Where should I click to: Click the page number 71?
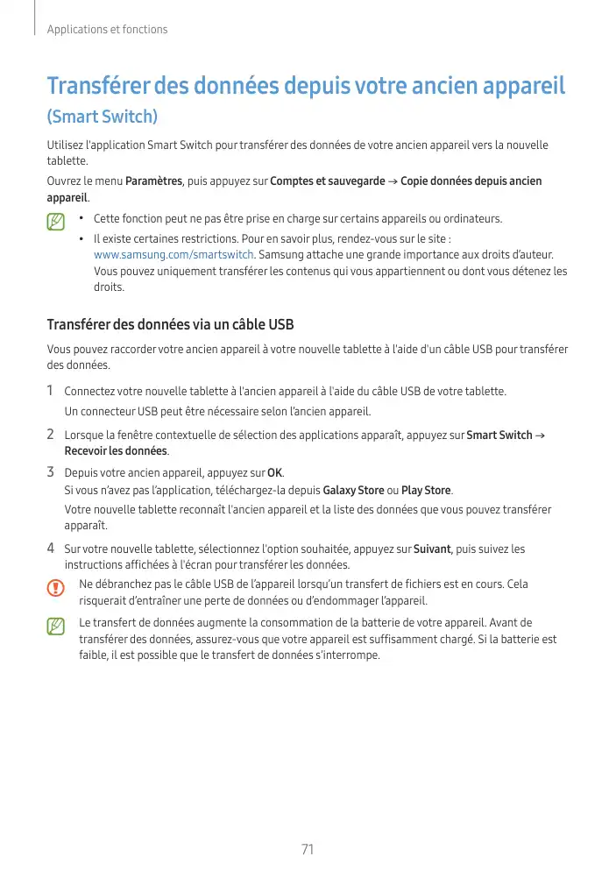point(307,849)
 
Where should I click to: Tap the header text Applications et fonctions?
point(107,30)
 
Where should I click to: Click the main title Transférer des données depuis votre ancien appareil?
point(306,87)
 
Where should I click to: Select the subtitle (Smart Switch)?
point(103,117)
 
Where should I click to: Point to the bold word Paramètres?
point(153,181)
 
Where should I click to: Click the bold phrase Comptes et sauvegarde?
point(327,181)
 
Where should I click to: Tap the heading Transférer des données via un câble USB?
point(170,325)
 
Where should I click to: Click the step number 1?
point(51,391)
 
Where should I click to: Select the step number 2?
point(51,435)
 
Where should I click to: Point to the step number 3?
point(51,473)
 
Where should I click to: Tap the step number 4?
point(51,549)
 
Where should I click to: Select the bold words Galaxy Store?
point(353,490)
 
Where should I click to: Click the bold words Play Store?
point(426,490)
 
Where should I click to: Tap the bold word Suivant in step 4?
point(431,549)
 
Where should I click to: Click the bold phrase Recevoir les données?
point(116,451)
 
